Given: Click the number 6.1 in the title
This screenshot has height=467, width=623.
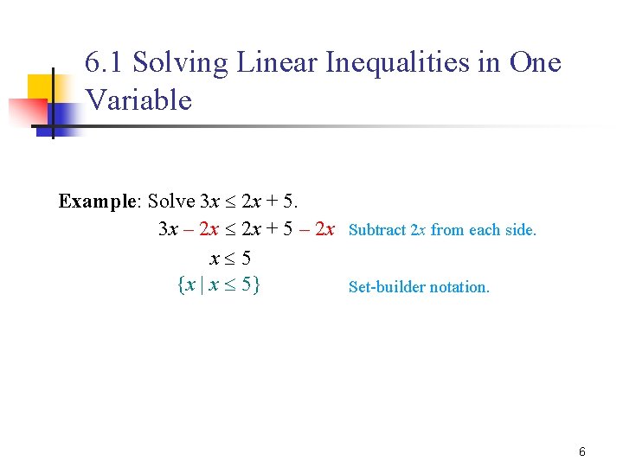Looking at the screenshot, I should (106, 63).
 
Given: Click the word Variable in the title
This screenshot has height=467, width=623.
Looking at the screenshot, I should (138, 100).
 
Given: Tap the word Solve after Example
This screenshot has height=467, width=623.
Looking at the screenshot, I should (171, 202).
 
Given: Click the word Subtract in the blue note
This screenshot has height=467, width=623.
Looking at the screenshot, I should (377, 230).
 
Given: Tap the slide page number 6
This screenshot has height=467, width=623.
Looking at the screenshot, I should (582, 451).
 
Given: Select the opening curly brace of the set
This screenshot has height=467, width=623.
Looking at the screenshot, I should (179, 284).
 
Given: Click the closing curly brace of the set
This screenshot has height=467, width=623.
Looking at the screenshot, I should (258, 284).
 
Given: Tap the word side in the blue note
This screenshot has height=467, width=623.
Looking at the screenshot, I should (522, 230).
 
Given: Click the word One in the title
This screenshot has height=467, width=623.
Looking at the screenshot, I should (536, 63).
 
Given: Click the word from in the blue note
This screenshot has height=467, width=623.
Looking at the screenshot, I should (447, 230).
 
